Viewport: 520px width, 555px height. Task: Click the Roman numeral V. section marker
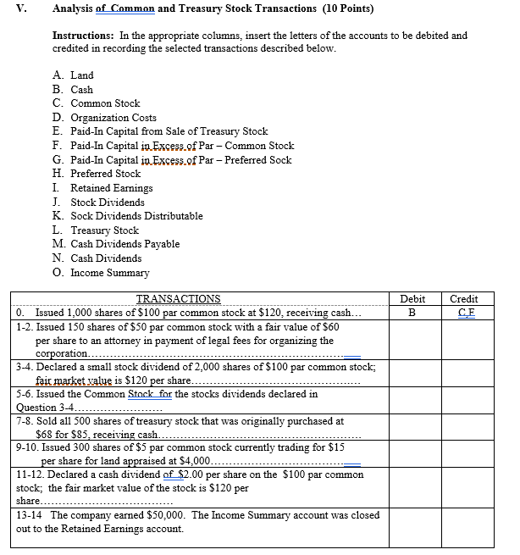21,8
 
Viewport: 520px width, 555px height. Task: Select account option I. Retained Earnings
102,188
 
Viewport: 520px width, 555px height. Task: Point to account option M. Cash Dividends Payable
115,244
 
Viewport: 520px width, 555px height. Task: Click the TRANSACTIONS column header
178,299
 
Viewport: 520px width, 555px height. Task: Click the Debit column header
412,299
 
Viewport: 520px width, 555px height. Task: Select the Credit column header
464,299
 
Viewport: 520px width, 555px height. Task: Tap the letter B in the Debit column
412,312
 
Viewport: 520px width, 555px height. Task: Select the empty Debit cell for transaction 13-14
412,522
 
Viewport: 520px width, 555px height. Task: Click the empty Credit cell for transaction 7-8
464,428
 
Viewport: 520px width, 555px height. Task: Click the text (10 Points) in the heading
344,8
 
